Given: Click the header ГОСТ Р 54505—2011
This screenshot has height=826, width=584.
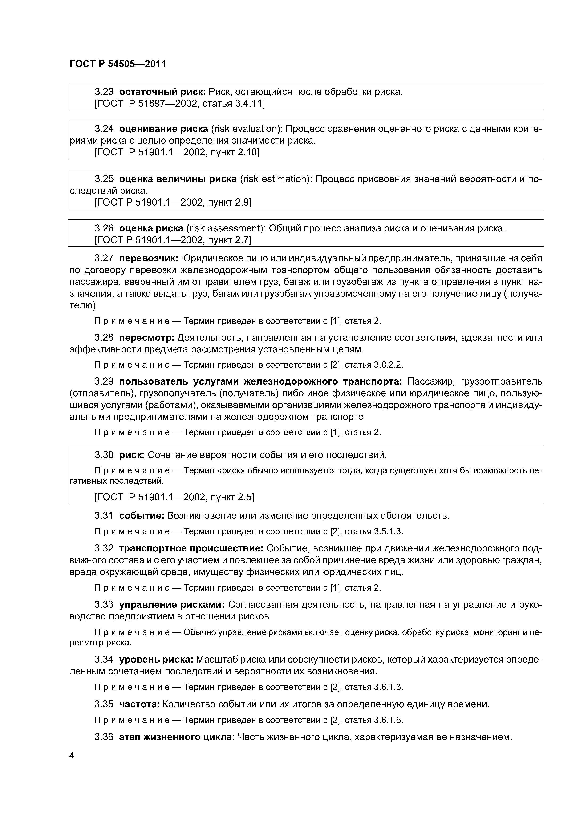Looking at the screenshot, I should tap(118, 64).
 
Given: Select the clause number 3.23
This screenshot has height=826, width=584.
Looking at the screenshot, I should tap(104, 92).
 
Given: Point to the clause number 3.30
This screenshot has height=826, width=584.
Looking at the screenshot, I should tap(104, 455).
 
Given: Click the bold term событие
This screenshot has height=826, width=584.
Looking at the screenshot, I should tap(142, 515).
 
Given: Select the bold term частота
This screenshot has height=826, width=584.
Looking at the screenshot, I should tap(139, 704).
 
